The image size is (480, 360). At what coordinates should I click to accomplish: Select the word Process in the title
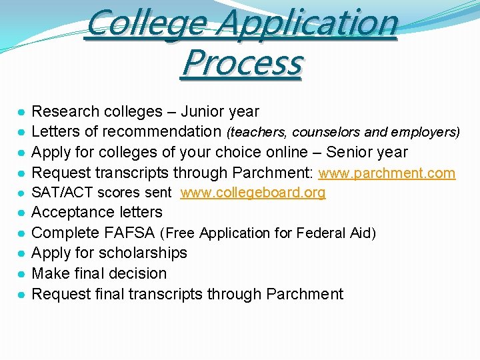(242, 64)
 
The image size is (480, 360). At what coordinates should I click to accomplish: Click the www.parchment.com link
(387, 173)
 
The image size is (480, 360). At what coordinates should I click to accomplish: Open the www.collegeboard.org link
(253, 193)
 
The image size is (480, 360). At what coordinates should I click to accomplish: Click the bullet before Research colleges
(21, 112)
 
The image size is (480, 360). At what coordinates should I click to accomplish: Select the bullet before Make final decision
(21, 274)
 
